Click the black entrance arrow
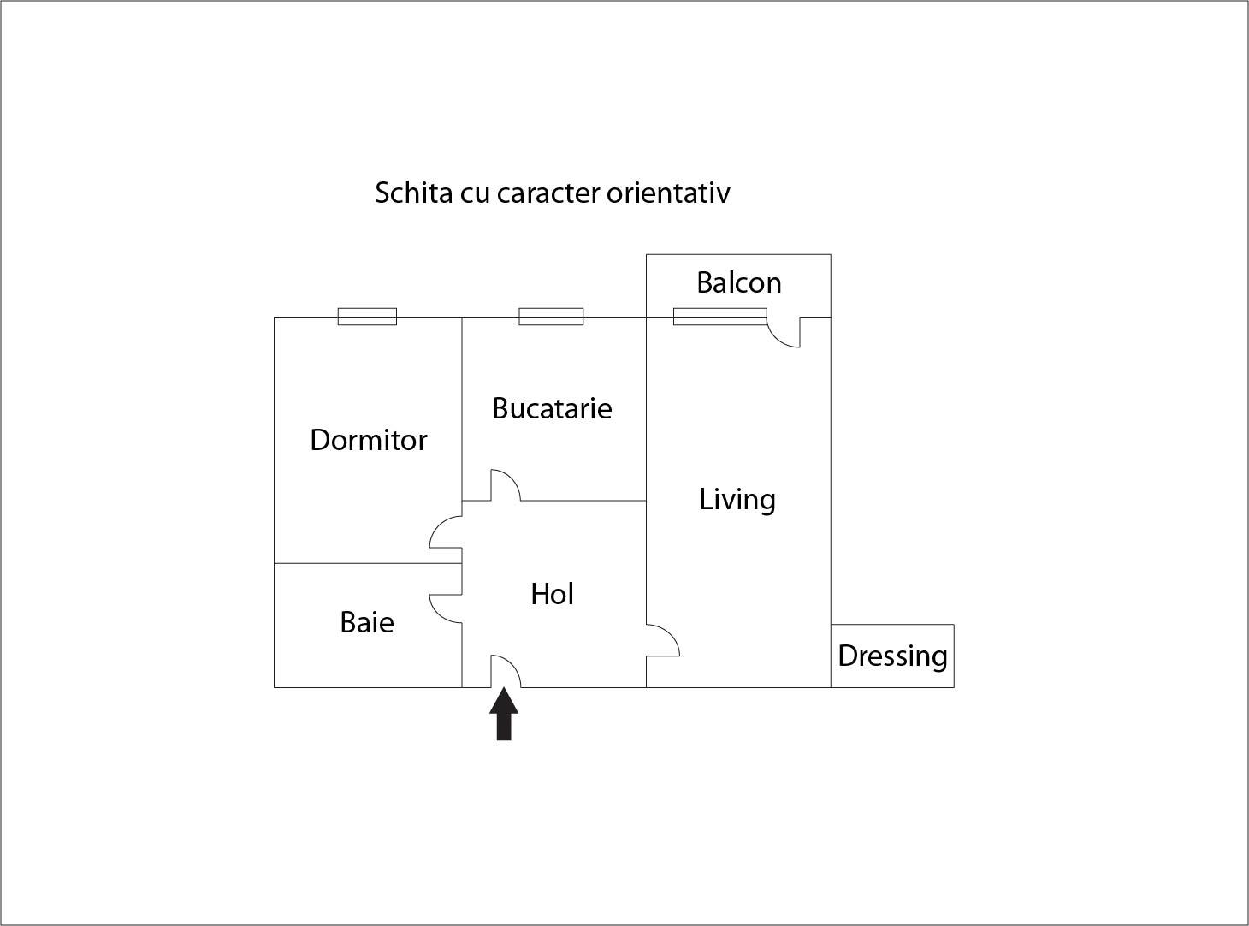click(x=503, y=714)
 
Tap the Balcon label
click(x=739, y=283)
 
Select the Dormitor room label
click(x=368, y=440)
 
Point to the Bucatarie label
click(x=552, y=408)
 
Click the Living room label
click(x=737, y=500)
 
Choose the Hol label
click(x=552, y=594)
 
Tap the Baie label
click(x=367, y=622)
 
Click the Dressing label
click(x=892, y=656)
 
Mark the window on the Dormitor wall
click(x=367, y=317)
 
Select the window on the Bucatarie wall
click(x=551, y=317)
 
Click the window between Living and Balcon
click(x=719, y=317)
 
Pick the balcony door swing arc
click(x=777, y=339)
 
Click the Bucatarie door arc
click(x=512, y=478)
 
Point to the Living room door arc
click(x=672, y=633)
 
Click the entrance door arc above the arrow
click(x=512, y=664)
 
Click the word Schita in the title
click(x=414, y=193)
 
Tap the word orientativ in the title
click(x=668, y=193)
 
